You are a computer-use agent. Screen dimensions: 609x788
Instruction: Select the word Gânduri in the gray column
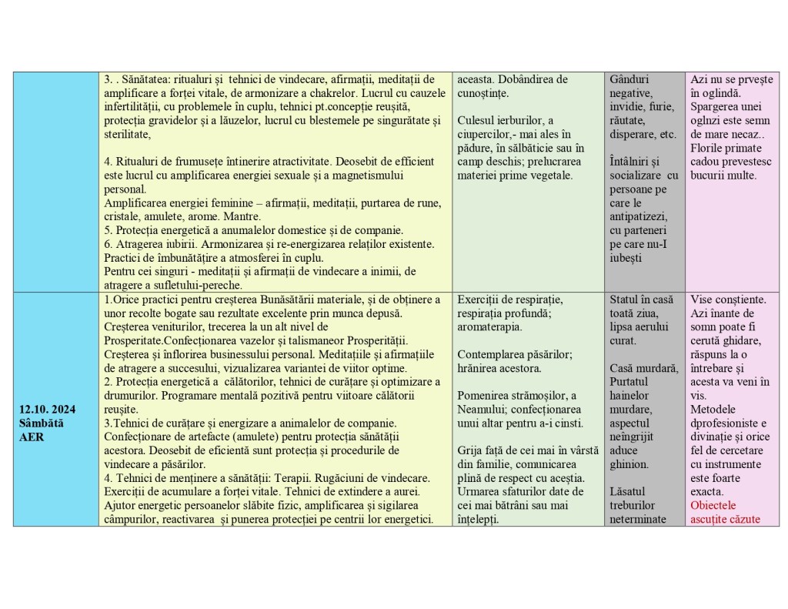pos(629,79)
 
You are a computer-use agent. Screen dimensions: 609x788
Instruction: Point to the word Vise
pos(703,299)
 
